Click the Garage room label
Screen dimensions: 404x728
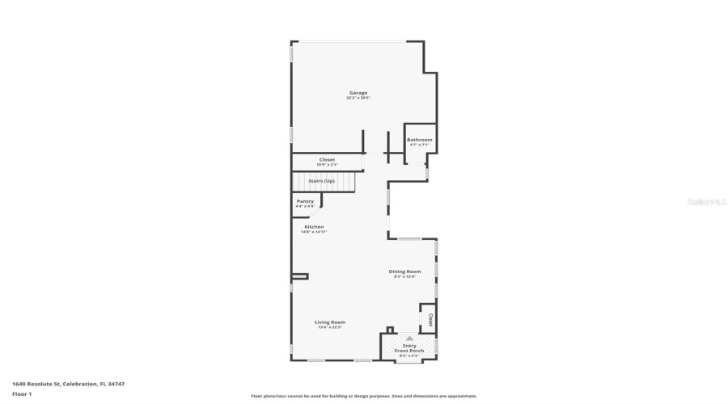click(358, 93)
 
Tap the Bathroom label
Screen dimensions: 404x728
click(419, 140)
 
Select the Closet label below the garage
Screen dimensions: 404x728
click(327, 159)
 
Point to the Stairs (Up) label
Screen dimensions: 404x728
click(321, 180)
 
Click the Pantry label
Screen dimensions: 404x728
click(305, 201)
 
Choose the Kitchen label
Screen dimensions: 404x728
click(314, 227)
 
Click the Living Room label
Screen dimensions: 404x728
click(330, 322)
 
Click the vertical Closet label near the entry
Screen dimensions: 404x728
click(430, 319)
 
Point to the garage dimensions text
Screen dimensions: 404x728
click(358, 99)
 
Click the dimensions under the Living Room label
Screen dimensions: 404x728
click(330, 327)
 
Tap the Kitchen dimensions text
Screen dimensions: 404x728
click(314, 233)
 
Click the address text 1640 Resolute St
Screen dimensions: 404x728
click(68, 384)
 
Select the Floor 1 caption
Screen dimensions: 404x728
click(22, 393)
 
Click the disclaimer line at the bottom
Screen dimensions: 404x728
click(364, 396)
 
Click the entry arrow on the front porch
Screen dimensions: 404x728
click(409, 338)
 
